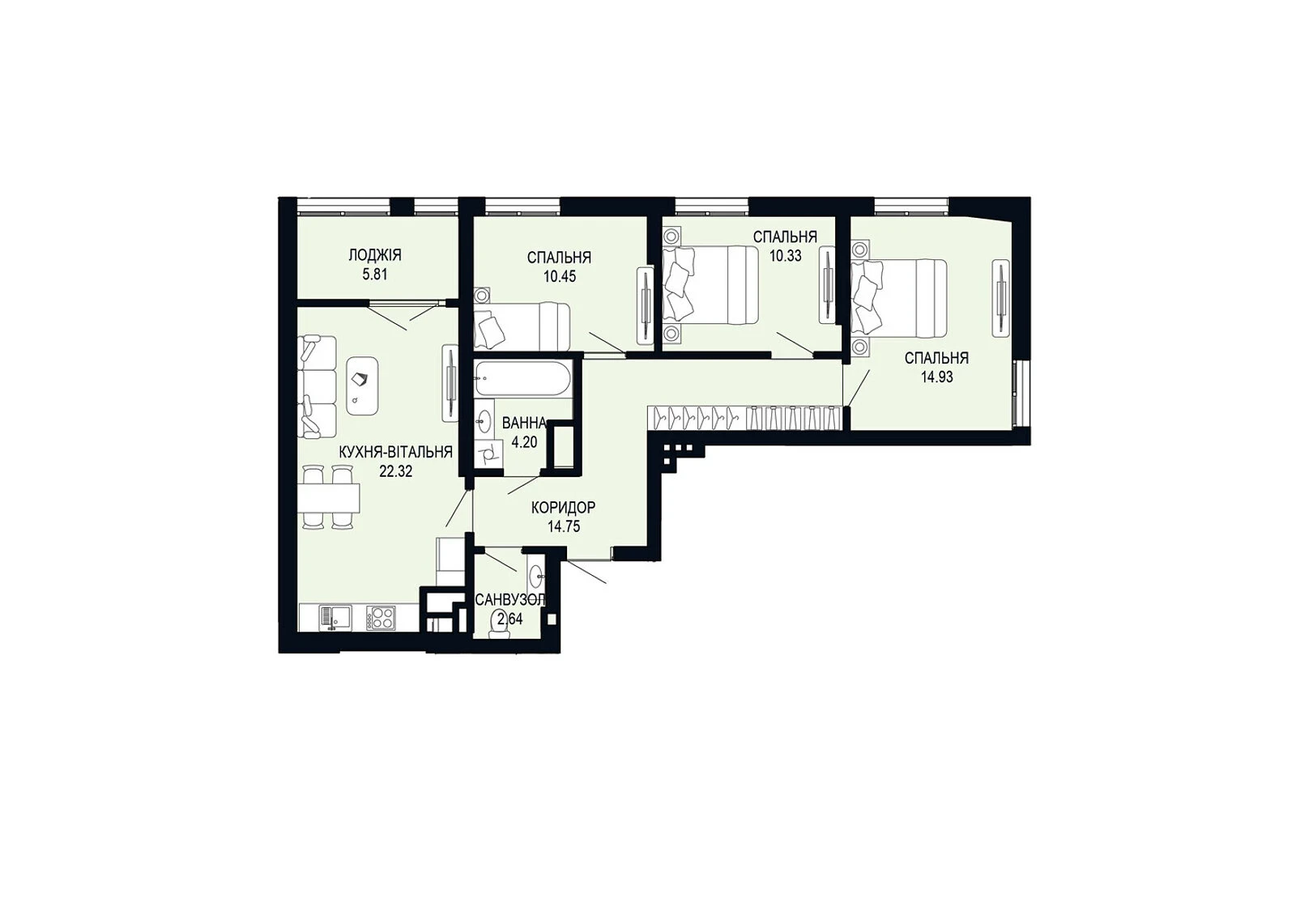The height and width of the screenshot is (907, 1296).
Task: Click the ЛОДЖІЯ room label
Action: tap(374, 255)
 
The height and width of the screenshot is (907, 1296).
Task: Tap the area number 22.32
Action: tap(396, 471)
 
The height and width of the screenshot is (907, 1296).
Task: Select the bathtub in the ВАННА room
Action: tap(522, 378)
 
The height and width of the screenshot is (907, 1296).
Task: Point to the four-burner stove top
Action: tap(381, 617)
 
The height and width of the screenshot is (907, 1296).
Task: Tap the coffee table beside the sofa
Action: tap(362, 385)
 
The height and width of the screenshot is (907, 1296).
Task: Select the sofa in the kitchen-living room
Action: tap(317, 386)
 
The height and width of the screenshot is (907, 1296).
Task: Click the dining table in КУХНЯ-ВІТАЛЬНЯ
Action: tap(329, 498)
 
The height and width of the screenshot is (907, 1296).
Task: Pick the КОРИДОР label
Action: tap(563, 508)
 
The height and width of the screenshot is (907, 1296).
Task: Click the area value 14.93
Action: tap(936, 377)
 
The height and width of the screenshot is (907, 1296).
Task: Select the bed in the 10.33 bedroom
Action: tap(710, 284)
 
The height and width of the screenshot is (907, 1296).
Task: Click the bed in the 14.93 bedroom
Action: tap(899, 297)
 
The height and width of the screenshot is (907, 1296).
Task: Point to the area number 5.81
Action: tap(374, 275)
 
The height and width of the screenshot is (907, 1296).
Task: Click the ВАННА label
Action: tap(524, 423)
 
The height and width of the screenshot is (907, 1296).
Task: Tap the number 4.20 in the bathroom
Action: tap(524, 442)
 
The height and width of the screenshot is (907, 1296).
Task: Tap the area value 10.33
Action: tap(785, 256)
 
